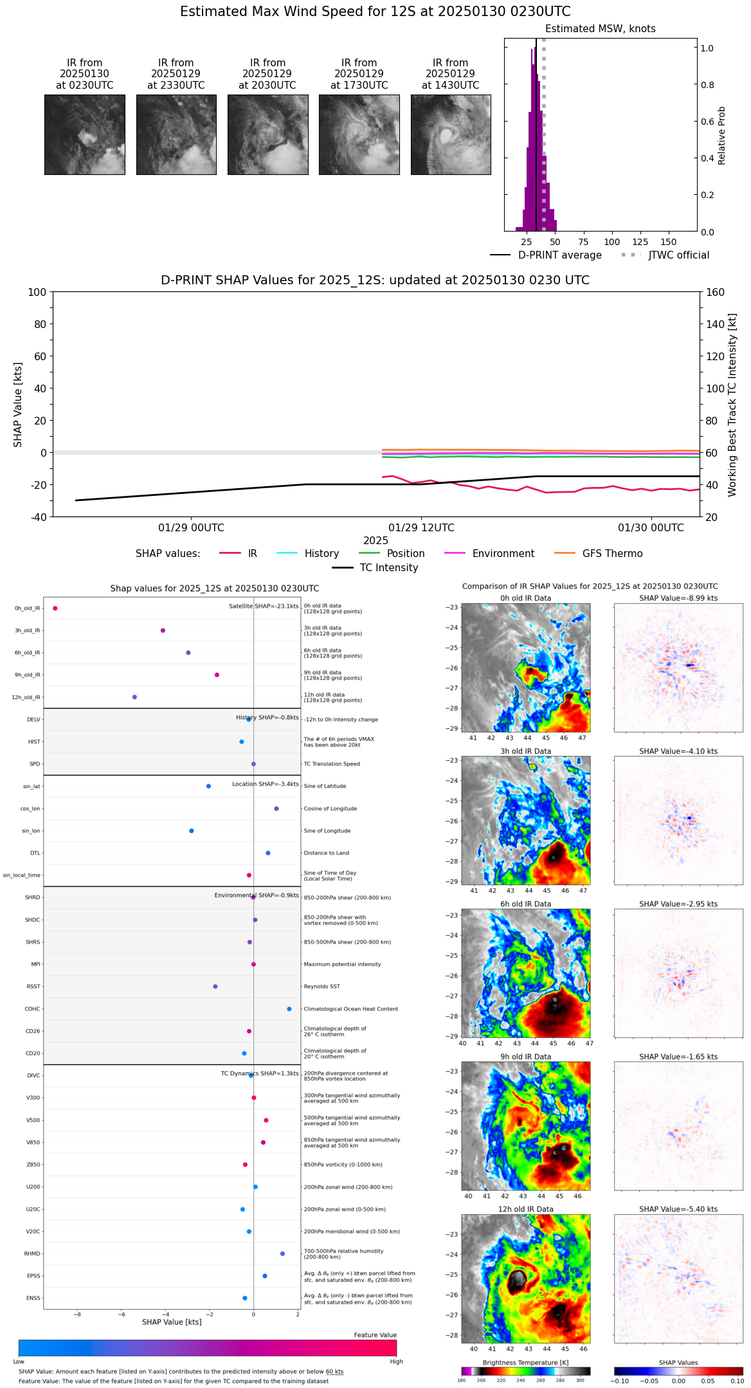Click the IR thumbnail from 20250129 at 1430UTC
pos(451,134)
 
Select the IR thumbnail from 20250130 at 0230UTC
pos(85,134)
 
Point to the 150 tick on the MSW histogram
pos(669,242)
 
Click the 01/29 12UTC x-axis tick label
pos(421,528)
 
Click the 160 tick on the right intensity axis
pos(716,292)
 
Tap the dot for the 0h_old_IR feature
pos(55,608)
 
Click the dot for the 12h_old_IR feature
pos(134,697)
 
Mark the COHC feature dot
pos(289,1009)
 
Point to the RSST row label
pos(33,987)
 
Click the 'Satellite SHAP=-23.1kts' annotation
pos(264,607)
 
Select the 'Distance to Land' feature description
pos(326,854)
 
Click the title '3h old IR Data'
pos(525,751)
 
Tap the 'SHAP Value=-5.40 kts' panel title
pos(678,1209)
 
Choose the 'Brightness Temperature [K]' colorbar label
pos(525,1363)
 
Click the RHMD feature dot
pos(282,1254)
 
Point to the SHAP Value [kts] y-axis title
pos(18,405)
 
